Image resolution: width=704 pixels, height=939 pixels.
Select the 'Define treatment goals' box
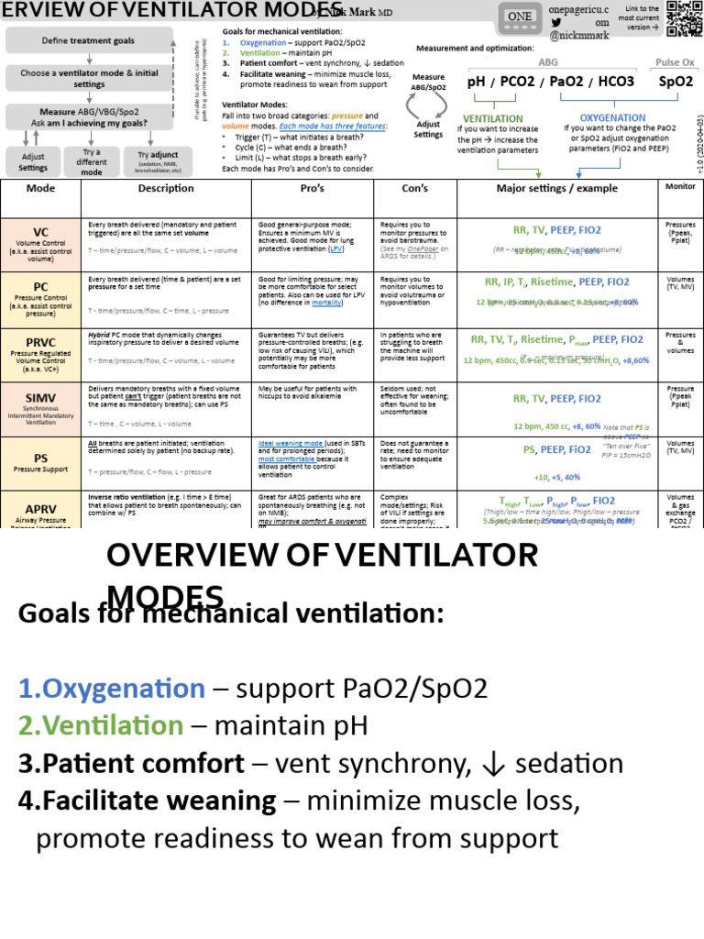pos(89,41)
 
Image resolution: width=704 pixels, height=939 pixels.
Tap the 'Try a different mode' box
pos(92,161)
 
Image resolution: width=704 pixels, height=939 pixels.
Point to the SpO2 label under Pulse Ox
pos(676,82)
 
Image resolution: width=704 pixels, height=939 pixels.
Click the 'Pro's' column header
pos(313,188)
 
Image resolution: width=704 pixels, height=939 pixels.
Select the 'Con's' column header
pos(415,188)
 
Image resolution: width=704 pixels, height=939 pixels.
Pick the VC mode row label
pos(41,233)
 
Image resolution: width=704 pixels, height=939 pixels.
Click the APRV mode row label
pos(41,509)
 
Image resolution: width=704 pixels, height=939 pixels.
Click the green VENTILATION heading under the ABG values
pos(493,118)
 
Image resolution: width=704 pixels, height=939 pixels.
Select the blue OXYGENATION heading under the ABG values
pos(613,117)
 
